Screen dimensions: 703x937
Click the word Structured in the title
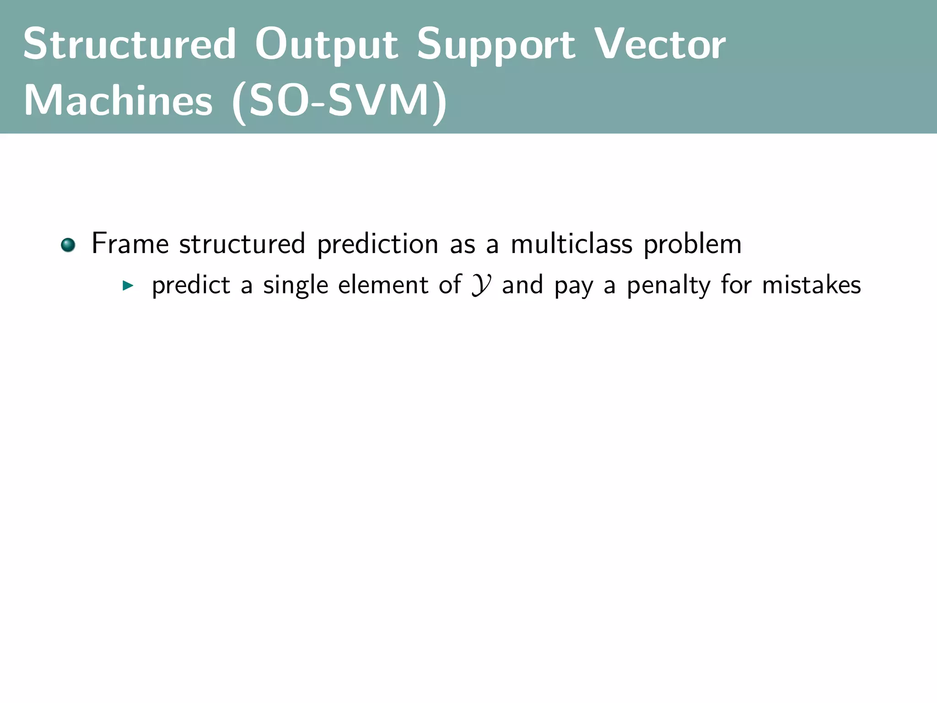(x=129, y=44)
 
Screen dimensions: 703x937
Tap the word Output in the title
(x=326, y=45)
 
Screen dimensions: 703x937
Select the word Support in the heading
(x=496, y=45)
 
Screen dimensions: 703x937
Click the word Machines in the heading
(x=118, y=100)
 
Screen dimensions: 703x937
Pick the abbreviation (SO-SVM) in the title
(x=339, y=101)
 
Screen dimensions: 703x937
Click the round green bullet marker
(x=68, y=245)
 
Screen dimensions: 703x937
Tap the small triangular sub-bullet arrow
(x=128, y=287)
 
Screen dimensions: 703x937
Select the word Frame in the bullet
(x=130, y=243)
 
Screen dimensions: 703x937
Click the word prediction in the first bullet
(x=377, y=244)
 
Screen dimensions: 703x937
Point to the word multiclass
(x=571, y=243)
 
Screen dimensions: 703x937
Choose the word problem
(x=692, y=244)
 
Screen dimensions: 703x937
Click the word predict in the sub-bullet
(x=191, y=286)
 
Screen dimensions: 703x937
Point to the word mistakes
(x=811, y=285)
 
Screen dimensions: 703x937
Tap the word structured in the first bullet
(x=242, y=243)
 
